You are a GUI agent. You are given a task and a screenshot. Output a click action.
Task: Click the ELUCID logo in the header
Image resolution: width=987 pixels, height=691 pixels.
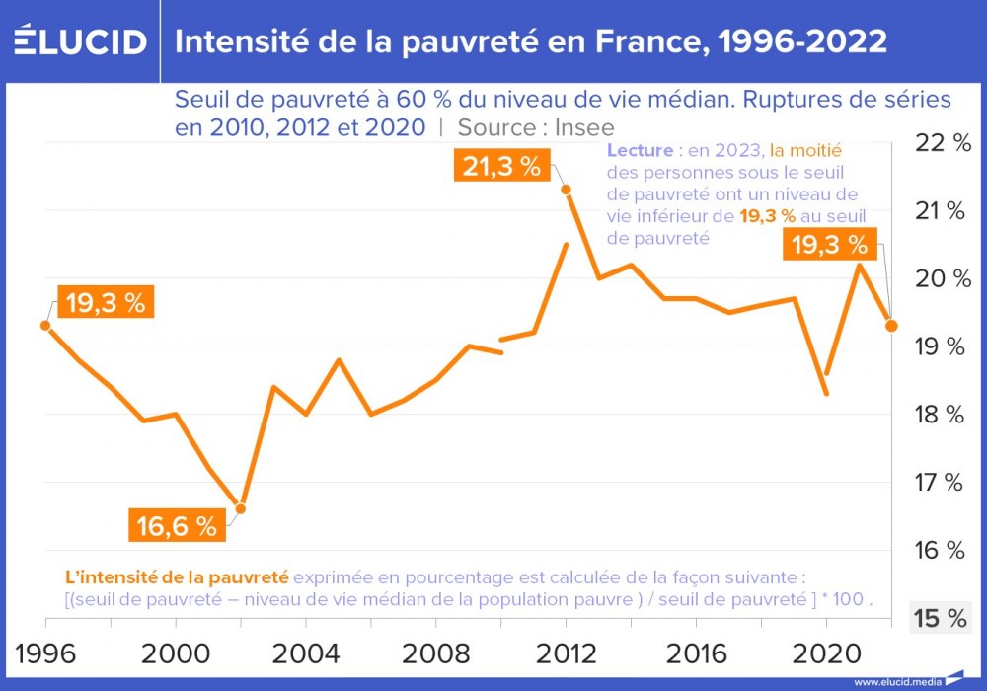[80, 41]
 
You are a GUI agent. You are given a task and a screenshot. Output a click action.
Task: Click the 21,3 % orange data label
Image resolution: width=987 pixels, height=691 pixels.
[501, 166]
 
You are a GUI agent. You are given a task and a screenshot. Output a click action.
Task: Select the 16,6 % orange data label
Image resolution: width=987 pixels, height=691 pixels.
[176, 526]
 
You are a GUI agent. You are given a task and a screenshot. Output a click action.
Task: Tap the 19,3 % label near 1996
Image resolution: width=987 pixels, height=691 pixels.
[106, 302]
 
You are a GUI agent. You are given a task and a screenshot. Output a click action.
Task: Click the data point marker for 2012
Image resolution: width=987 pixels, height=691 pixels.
[566, 189]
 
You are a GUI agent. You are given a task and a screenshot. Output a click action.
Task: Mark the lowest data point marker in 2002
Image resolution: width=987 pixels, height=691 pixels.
[240, 508]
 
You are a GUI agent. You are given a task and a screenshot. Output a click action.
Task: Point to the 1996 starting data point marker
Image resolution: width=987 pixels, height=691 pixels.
[45, 325]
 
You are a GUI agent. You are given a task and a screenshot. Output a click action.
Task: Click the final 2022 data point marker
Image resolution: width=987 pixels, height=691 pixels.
[890, 325]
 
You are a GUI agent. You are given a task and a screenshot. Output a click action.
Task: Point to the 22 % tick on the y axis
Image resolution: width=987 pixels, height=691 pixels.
[944, 143]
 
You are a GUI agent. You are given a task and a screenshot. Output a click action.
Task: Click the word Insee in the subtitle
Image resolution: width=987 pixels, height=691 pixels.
[583, 127]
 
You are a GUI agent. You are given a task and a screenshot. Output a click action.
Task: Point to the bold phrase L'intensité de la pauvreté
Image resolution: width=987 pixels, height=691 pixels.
[177, 576]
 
